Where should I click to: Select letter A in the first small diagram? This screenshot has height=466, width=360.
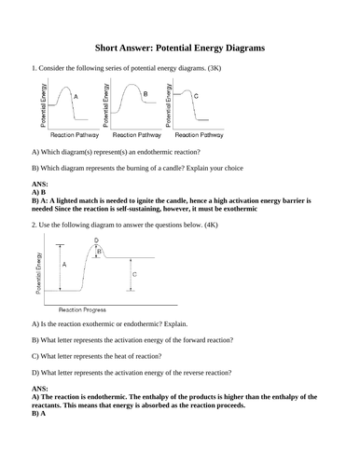(x=75, y=97)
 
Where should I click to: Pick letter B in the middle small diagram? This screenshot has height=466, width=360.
(x=145, y=94)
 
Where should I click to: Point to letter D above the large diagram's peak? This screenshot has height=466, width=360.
(x=97, y=240)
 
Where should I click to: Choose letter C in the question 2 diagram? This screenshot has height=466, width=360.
(x=134, y=275)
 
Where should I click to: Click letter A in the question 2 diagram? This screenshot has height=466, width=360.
(x=63, y=265)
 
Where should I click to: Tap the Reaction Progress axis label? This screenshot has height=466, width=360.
(x=82, y=308)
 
